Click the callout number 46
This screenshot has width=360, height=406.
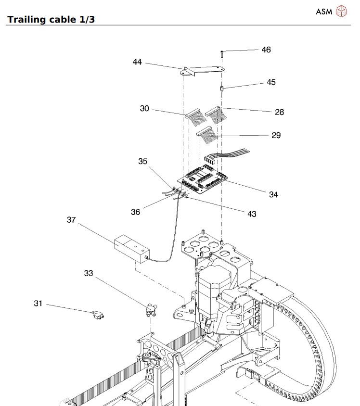pos(266,50)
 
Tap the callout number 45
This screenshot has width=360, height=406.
pos(271,82)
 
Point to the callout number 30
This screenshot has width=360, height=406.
pos(144,109)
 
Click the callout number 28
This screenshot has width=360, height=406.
pos(279,112)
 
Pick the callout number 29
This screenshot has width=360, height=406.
pos(276,135)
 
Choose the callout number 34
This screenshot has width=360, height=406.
pos(273,194)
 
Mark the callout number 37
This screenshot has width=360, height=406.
pos(71,220)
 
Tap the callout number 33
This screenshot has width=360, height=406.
pos(88,273)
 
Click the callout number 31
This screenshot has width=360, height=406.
pos(39,303)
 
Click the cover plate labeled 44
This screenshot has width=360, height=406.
pos(202,71)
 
